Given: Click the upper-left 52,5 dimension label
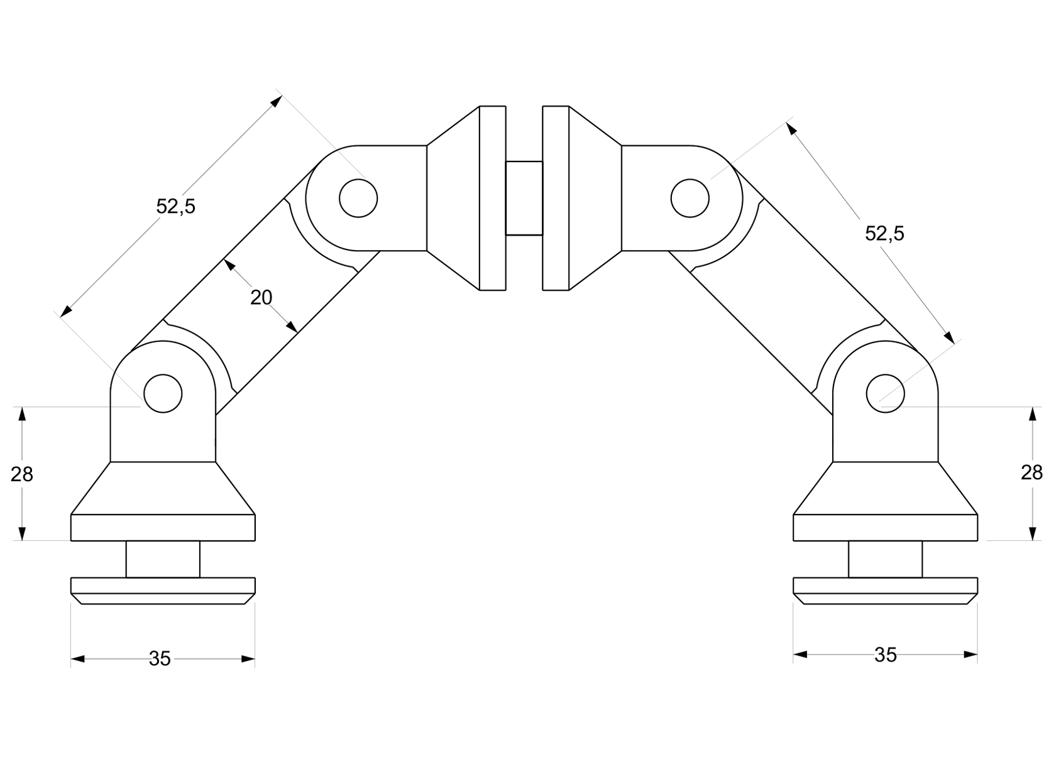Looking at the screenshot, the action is point(175,207).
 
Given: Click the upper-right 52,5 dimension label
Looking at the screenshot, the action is point(884,234).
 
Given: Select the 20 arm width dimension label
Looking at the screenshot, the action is point(261,297).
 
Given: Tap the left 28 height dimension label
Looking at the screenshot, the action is point(21,474).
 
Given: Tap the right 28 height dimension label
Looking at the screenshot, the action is point(1031,472).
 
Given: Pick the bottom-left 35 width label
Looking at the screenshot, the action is point(160,659).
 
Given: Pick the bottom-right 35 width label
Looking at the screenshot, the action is point(885,655).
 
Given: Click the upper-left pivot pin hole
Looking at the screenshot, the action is point(358,199).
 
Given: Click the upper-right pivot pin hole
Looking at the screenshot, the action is point(690,199).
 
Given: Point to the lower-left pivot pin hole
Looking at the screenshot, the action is point(163,393).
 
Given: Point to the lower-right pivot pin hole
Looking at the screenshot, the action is point(885,393).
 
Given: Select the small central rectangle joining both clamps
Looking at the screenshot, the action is point(524,199).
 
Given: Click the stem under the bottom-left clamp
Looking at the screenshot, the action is point(163,559).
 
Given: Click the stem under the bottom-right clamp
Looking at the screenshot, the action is point(885,559).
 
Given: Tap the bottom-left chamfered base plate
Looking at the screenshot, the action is point(163,591).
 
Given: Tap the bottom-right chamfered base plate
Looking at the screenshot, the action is point(885,591).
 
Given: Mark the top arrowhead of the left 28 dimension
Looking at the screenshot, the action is point(21,413).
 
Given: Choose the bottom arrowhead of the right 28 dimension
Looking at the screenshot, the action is point(1032,533).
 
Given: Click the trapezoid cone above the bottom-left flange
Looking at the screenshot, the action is point(163,488).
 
